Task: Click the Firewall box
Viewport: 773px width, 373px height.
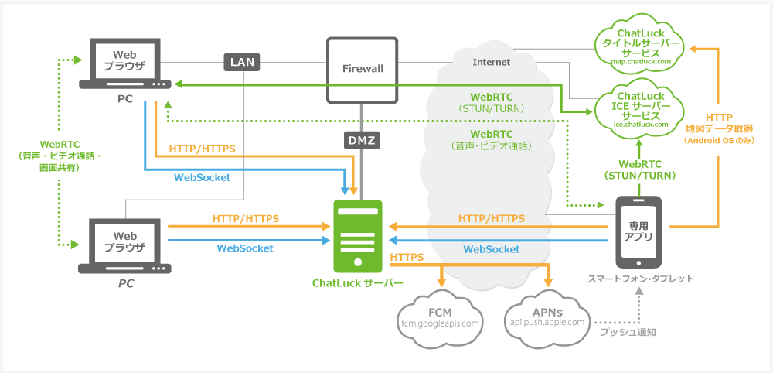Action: click(x=363, y=69)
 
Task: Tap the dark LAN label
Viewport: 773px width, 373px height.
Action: click(x=242, y=62)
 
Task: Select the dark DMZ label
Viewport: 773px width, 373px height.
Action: click(x=362, y=141)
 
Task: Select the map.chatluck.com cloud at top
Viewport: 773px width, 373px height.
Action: click(x=640, y=46)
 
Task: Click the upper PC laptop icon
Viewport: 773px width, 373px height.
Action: click(x=125, y=63)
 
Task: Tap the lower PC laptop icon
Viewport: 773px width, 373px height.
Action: click(x=125, y=246)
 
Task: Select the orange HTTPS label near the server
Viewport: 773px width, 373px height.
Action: click(x=407, y=256)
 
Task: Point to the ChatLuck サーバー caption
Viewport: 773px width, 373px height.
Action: click(x=357, y=282)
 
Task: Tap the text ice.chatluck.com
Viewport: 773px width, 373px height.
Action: click(x=639, y=123)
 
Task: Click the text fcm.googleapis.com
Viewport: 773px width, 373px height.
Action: click(x=441, y=322)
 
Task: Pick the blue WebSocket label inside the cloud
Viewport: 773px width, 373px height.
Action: click(x=491, y=248)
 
